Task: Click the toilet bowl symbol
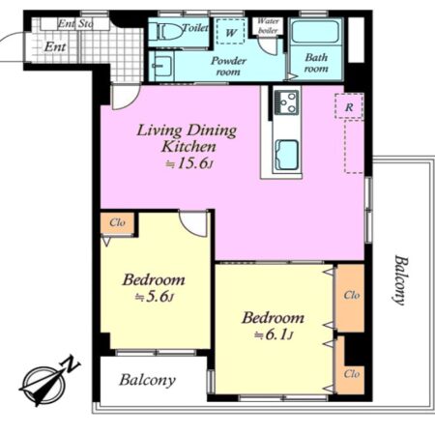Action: [x=167, y=31]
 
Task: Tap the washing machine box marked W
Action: [x=231, y=32]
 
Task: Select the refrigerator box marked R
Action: [x=349, y=106]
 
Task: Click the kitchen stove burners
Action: [x=287, y=102]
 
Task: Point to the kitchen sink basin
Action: [x=286, y=155]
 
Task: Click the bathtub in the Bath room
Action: [x=315, y=32]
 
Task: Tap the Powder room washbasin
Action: [x=160, y=67]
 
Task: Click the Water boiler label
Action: [x=268, y=26]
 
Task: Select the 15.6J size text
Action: [x=189, y=163]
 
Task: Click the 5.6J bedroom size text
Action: [x=155, y=297]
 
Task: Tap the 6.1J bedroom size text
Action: [x=274, y=335]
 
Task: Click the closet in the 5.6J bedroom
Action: [x=117, y=222]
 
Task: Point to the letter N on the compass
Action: [x=72, y=364]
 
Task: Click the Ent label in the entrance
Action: [x=55, y=47]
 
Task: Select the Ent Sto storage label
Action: [x=75, y=23]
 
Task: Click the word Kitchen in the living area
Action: [x=188, y=147]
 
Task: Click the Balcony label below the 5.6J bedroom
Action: [x=148, y=380]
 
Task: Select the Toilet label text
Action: [x=195, y=28]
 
